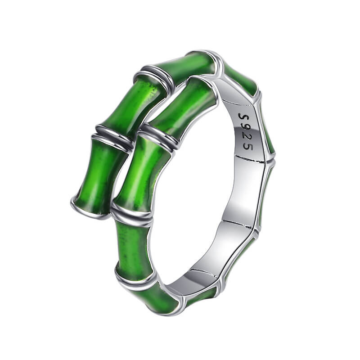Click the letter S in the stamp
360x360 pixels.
coord(242,117)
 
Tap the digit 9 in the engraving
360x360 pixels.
coord(245,128)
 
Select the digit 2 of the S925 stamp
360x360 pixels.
coord(247,137)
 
